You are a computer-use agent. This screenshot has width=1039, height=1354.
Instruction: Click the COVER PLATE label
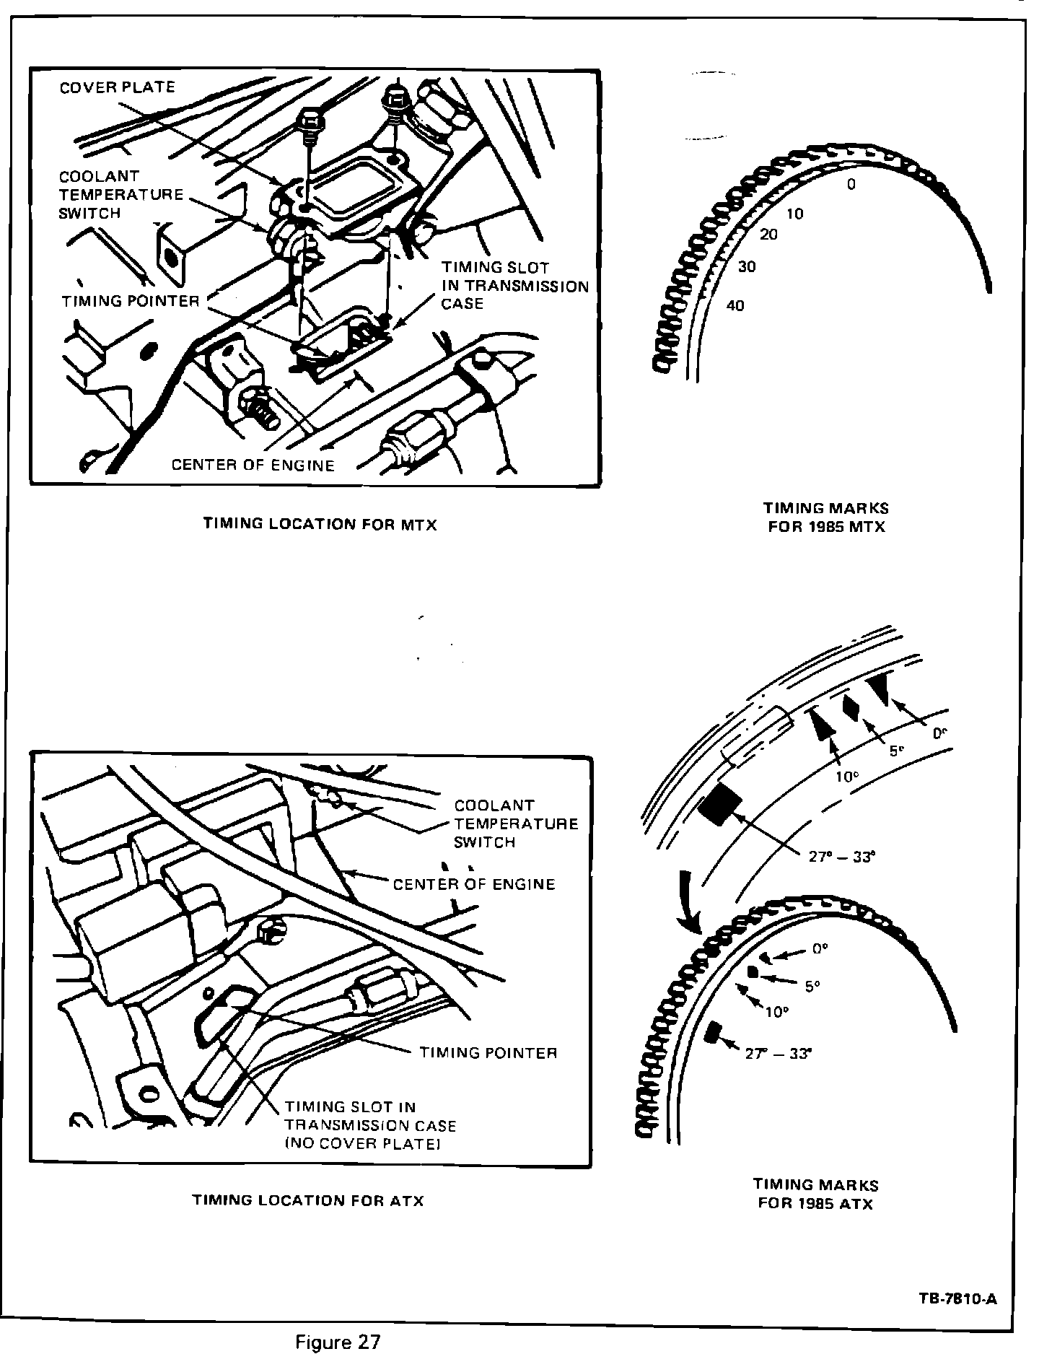point(117,87)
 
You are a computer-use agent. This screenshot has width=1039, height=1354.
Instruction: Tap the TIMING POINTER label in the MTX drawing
point(130,301)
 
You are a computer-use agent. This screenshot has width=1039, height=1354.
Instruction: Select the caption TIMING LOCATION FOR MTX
point(320,525)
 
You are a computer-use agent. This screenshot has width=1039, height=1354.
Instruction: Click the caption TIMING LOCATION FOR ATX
point(308,1200)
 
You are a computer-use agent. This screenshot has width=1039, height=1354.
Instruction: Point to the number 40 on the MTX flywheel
point(735,305)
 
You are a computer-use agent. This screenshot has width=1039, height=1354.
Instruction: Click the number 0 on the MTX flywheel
point(851,185)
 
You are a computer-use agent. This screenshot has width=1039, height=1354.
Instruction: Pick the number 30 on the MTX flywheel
point(747,266)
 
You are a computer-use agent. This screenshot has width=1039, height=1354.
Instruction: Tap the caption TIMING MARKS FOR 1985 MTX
point(826,517)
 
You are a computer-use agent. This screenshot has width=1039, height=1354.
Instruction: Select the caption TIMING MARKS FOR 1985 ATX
point(816,1194)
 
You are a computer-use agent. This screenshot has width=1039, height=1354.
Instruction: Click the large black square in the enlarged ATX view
point(720,805)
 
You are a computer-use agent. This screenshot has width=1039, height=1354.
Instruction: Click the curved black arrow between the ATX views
point(688,901)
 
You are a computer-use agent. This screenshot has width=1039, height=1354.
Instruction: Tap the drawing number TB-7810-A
point(957,1299)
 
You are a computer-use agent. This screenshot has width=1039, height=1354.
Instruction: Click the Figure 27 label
point(338,1342)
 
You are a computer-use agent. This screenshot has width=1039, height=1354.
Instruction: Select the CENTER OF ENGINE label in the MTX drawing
point(253,466)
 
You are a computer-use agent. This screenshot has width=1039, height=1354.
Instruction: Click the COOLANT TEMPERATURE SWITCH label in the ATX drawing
point(516,824)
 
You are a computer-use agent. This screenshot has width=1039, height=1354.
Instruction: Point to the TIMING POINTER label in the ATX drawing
point(488,1053)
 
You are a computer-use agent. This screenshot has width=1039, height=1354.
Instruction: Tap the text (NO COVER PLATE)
point(363,1145)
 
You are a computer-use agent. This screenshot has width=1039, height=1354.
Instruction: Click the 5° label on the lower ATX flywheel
point(813,986)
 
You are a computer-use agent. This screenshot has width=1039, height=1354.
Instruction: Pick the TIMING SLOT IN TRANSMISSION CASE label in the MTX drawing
point(515,286)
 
